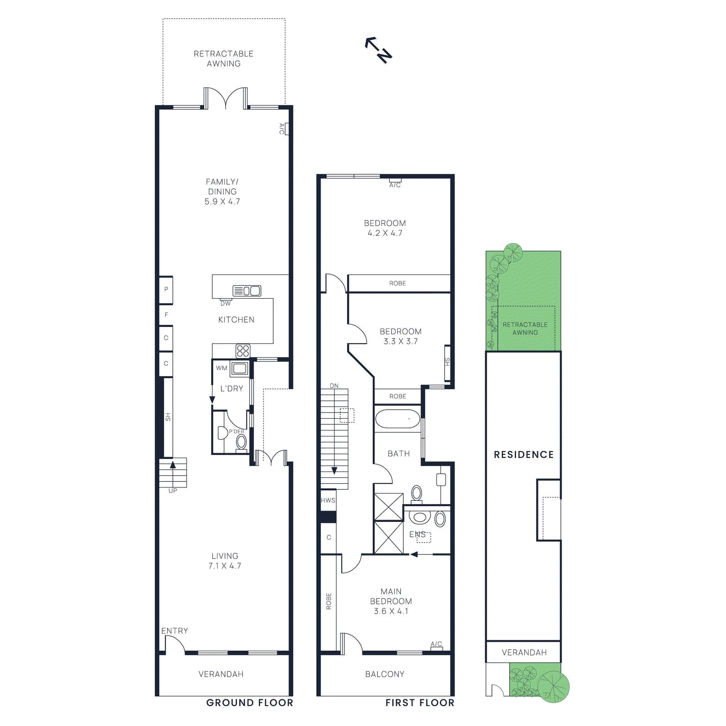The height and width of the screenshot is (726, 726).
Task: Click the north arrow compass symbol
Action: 378,49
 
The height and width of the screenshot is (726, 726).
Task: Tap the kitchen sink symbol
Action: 247,291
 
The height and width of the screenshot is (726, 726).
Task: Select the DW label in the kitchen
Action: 226,304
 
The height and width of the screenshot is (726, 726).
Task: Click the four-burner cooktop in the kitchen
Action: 243,351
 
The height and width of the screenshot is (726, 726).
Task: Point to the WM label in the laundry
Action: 221,368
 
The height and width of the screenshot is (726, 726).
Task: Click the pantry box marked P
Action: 166,289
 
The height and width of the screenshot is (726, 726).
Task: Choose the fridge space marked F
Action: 166,315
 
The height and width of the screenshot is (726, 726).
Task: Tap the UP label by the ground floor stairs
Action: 173,491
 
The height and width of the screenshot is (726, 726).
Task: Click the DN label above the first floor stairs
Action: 334,386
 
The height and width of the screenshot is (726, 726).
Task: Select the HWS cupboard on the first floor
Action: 328,500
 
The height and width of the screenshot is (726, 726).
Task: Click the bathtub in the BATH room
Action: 398,419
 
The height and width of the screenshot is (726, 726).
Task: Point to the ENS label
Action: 417,535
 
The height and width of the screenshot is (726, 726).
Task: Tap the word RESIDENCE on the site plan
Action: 524,455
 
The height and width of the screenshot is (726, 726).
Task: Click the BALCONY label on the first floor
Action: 385,674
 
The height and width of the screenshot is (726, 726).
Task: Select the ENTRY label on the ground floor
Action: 175,631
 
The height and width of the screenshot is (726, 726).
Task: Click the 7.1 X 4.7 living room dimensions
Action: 225,566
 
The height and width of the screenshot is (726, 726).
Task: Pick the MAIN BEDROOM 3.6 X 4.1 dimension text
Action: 391,611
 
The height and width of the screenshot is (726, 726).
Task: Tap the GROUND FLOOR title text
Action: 250,703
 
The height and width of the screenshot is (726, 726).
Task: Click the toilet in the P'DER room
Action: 241,441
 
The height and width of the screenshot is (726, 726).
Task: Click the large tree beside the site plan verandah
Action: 553,687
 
